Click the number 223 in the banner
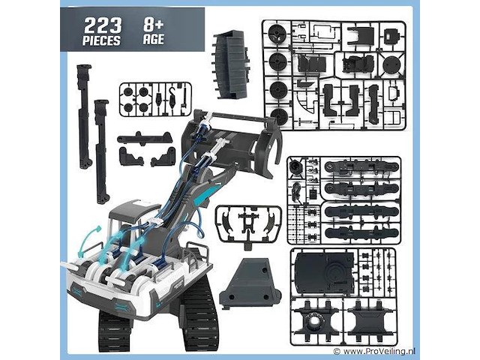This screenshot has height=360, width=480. point(103,25)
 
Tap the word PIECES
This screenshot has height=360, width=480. point(101,40)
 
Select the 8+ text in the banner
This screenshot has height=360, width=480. point(154,25)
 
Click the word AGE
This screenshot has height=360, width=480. point(154,39)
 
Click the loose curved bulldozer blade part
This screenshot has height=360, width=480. point(232,64)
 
